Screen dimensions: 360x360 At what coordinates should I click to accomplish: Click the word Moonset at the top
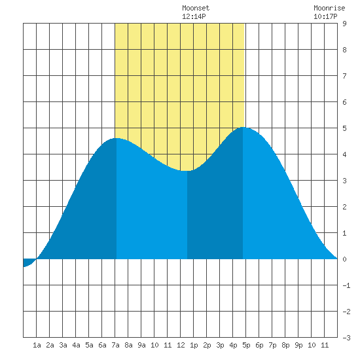[x=196, y=8]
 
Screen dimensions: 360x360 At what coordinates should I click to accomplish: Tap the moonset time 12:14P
[x=194, y=16]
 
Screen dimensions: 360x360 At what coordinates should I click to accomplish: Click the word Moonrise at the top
[x=329, y=8]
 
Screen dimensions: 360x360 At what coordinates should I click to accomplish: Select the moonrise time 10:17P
[x=325, y=16]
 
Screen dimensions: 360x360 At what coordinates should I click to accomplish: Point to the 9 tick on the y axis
[x=344, y=24]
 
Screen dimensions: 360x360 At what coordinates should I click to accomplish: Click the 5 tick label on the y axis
[x=344, y=128]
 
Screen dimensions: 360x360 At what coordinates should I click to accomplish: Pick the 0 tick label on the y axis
[x=344, y=259]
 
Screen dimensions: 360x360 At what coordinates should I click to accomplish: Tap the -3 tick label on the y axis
[x=346, y=338]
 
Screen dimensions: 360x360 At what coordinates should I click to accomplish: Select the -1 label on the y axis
[x=346, y=285]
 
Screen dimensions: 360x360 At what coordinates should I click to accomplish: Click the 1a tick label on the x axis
[x=37, y=345]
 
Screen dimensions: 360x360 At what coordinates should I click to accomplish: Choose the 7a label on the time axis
[x=115, y=345]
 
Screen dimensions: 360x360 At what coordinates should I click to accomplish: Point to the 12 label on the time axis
[x=181, y=345]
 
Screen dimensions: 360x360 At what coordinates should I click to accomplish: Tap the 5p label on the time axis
[x=246, y=345]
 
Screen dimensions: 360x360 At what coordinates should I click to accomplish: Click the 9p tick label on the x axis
[x=298, y=345]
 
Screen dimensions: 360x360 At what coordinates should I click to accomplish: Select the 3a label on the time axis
[x=63, y=345]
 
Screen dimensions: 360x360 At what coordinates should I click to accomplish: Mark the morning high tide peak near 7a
[x=117, y=138]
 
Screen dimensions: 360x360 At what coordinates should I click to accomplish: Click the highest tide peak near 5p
[x=243, y=127]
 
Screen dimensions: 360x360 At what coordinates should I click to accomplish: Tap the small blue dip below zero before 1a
[x=28, y=262]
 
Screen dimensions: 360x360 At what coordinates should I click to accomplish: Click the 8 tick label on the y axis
[x=344, y=50]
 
